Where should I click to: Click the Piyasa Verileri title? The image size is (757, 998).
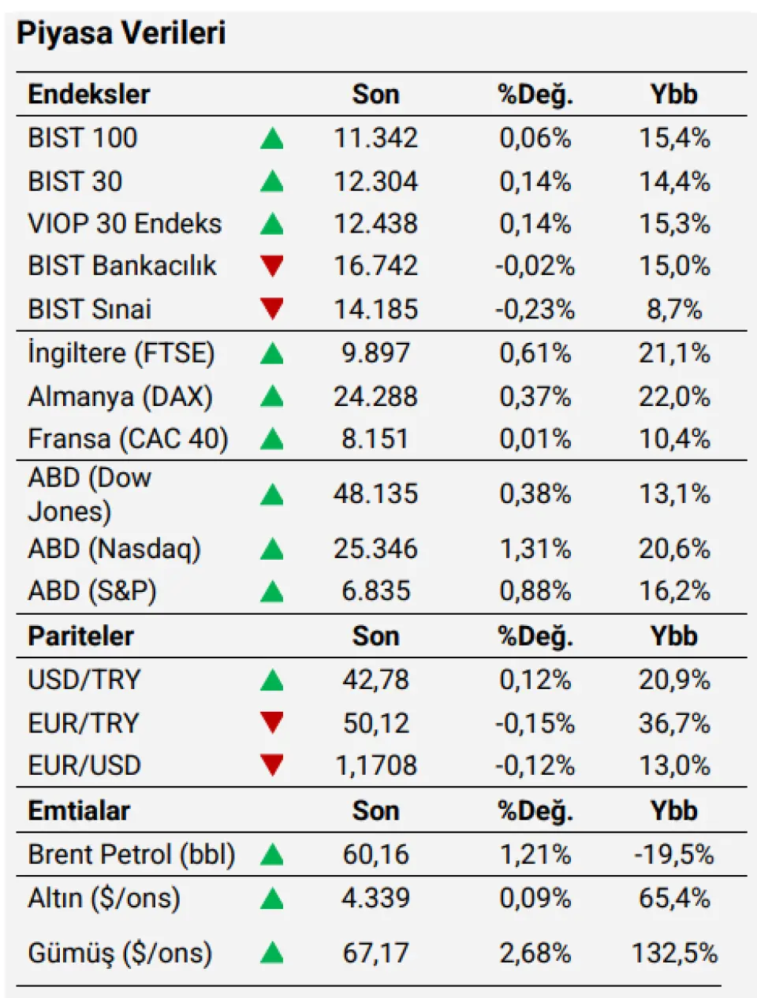pyautogui.click(x=121, y=33)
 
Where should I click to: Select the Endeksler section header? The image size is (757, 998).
pyautogui.click(x=88, y=95)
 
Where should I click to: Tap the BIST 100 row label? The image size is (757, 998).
pyautogui.click(x=82, y=138)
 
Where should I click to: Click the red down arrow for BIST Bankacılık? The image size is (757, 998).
pyautogui.click(x=272, y=266)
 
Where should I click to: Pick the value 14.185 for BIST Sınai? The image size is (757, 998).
pyautogui.click(x=375, y=309)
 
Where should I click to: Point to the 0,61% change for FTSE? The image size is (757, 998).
pyautogui.click(x=535, y=352)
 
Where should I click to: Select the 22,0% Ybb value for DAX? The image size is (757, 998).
pyautogui.click(x=674, y=396)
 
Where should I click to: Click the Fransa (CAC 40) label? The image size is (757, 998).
pyautogui.click(x=128, y=438)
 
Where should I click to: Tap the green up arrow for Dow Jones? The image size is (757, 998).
pyautogui.click(x=272, y=495)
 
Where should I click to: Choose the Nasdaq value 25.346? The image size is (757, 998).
pyautogui.click(x=375, y=549)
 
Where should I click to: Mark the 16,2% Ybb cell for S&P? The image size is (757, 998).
pyautogui.click(x=674, y=590)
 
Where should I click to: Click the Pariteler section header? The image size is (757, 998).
pyautogui.click(x=80, y=636)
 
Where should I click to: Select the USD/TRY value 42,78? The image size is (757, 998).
pyautogui.click(x=375, y=680)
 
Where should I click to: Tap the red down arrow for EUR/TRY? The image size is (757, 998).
pyautogui.click(x=272, y=722)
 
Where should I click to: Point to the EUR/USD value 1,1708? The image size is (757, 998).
pyautogui.click(x=375, y=765)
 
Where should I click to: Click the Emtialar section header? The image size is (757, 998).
pyautogui.click(x=79, y=810)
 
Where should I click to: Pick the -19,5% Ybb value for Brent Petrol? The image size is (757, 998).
pyautogui.click(x=674, y=855)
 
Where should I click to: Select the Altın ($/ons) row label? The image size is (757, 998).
pyautogui.click(x=104, y=898)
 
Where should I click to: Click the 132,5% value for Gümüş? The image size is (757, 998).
pyautogui.click(x=674, y=953)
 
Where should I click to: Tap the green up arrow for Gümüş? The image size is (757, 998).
pyautogui.click(x=272, y=953)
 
